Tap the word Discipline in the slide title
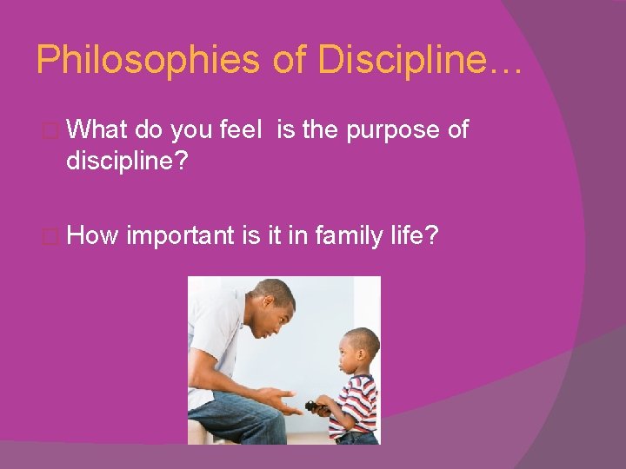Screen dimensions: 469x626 407,60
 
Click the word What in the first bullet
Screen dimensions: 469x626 97,130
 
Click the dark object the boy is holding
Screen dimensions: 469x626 312,406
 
